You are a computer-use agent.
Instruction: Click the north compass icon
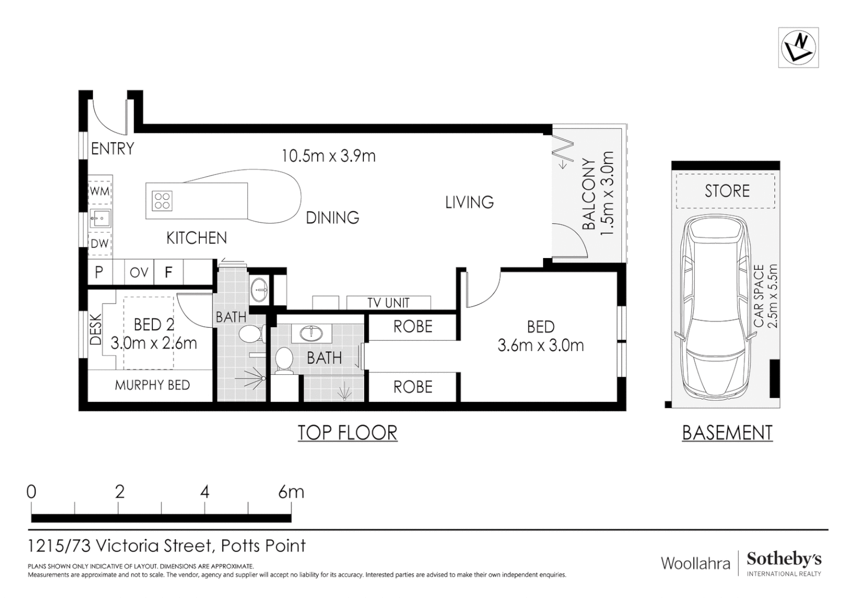[x=798, y=48]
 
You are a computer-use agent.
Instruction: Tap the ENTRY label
[x=112, y=148]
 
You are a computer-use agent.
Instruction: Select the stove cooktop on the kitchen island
[x=162, y=200]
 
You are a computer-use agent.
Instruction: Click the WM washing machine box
[x=100, y=192]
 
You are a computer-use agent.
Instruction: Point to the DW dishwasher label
[x=100, y=244]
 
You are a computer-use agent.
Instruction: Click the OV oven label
[x=139, y=272]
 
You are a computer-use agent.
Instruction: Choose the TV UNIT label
[x=389, y=303]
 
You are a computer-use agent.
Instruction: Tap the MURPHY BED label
[x=152, y=385]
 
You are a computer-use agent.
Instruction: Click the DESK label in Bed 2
[x=95, y=330]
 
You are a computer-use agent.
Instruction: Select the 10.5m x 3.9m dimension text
[x=328, y=156]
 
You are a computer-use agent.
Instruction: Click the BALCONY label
[x=589, y=194]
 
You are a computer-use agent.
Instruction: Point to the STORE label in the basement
[x=726, y=191]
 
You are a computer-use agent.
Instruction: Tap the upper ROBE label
[x=412, y=327]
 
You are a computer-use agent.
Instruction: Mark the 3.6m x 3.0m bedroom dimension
[x=540, y=346]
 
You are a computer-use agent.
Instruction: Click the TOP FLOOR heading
[x=348, y=432]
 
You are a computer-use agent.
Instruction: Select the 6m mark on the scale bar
[x=291, y=492]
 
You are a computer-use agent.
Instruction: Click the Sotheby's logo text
[x=783, y=559]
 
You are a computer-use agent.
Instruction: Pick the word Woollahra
[x=695, y=564]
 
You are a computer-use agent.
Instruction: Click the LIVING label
[x=470, y=203]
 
